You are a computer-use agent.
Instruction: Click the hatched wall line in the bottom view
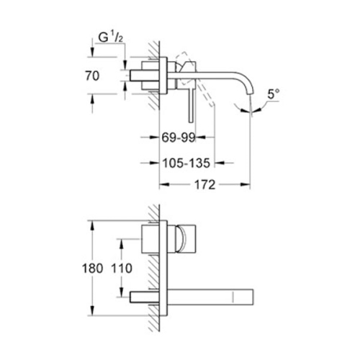tap(154, 266)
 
